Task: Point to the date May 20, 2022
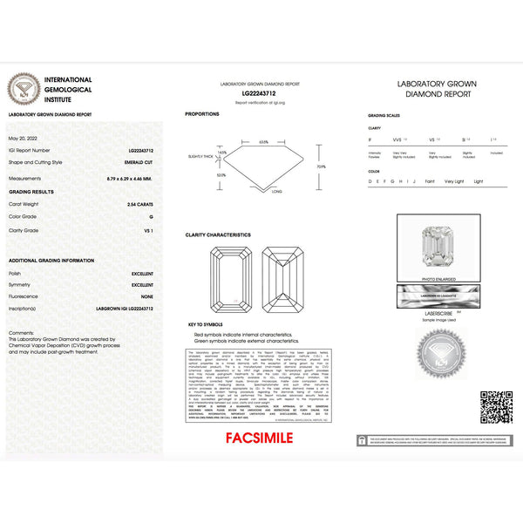[x=24, y=139]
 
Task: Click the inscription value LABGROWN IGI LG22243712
[x=126, y=308]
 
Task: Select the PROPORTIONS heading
[x=202, y=114]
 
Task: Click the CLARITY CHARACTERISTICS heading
[x=218, y=234]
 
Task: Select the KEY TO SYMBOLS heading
[x=206, y=325]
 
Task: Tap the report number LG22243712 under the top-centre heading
[x=260, y=92]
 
